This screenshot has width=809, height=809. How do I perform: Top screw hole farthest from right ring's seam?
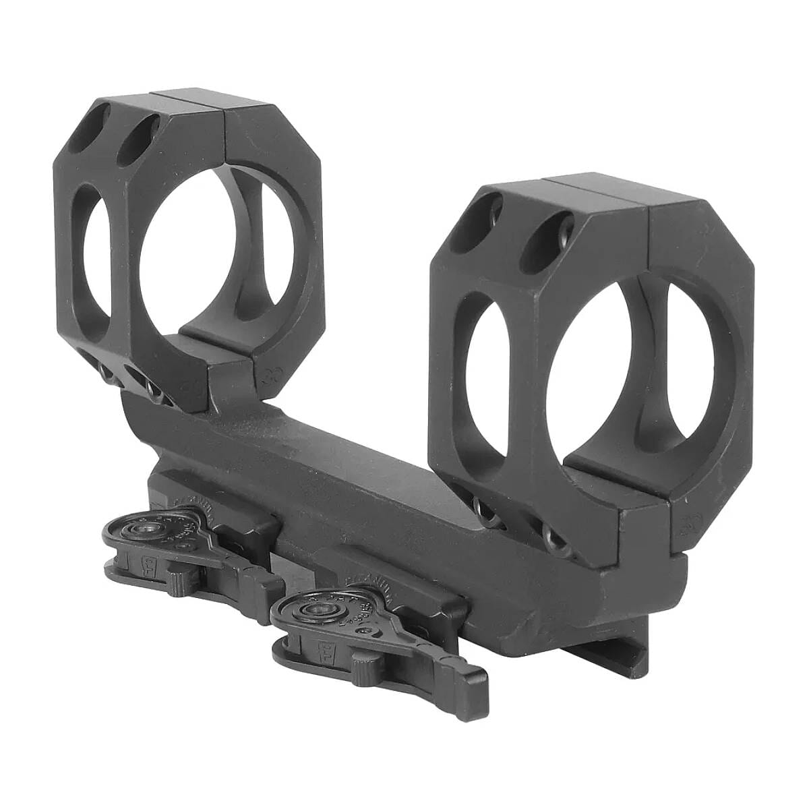(x=496, y=214)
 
